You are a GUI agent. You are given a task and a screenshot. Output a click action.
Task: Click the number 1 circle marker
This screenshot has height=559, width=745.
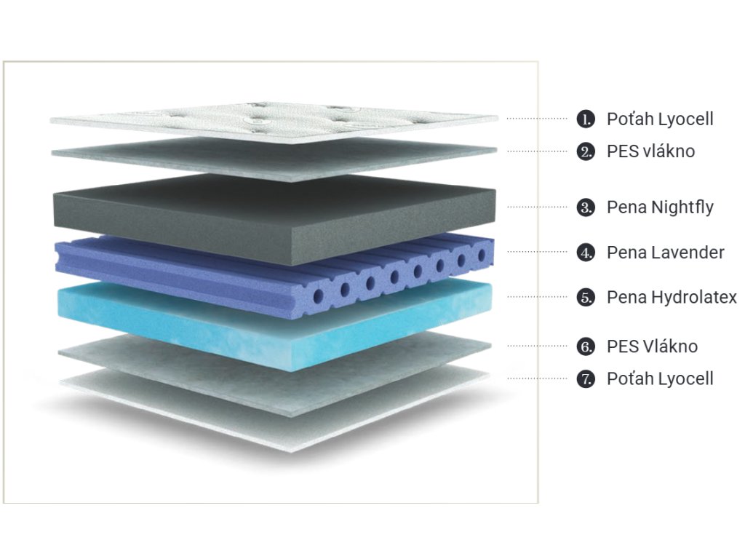pyautogui.click(x=586, y=119)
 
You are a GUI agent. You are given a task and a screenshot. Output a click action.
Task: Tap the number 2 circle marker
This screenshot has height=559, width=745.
pyautogui.click(x=586, y=151)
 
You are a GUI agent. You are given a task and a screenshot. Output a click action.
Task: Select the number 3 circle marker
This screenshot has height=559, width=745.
pyautogui.click(x=586, y=207)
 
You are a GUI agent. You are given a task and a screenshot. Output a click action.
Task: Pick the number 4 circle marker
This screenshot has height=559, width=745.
pyautogui.click(x=586, y=253)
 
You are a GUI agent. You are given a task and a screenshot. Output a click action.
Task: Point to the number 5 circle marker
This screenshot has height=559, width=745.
pyautogui.click(x=586, y=297)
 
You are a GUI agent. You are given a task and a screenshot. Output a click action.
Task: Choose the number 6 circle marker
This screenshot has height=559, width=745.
pyautogui.click(x=586, y=346)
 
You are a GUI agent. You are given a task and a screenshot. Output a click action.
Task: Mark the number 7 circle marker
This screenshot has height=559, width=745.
pyautogui.click(x=586, y=378)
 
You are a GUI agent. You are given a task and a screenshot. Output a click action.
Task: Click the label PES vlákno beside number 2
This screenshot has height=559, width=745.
pyautogui.click(x=650, y=151)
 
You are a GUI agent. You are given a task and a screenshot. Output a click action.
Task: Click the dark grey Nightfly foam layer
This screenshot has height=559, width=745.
pyautogui.click(x=276, y=211)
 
